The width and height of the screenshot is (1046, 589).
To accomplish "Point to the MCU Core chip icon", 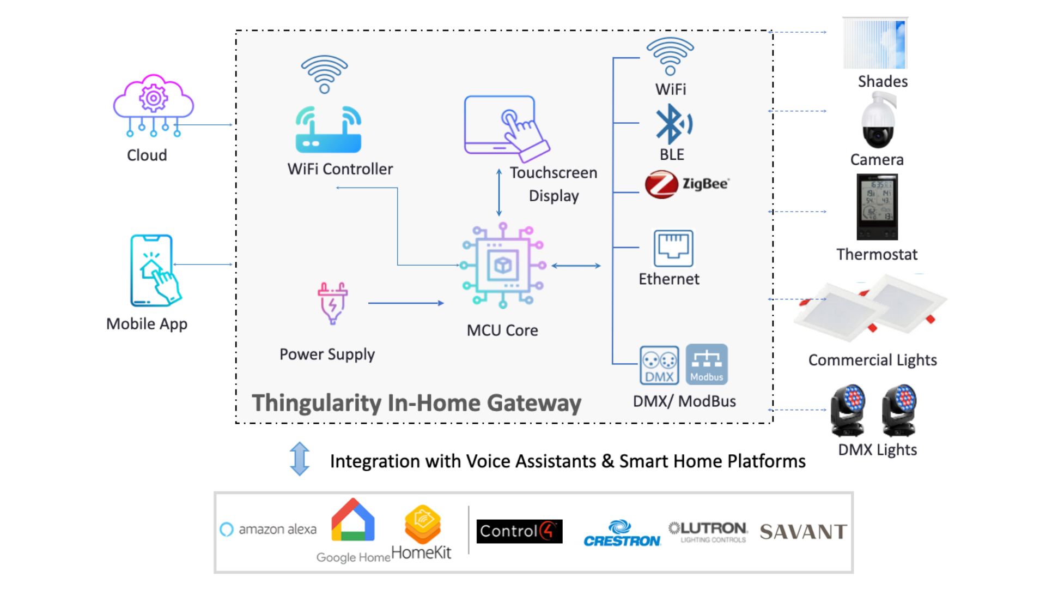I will (x=503, y=266).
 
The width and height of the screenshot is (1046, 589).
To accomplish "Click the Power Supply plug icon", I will (x=332, y=303).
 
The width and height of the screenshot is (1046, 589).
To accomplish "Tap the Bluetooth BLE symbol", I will (x=673, y=124).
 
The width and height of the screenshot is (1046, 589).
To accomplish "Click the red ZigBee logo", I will (x=661, y=184).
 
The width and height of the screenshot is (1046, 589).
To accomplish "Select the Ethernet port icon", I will (x=673, y=248).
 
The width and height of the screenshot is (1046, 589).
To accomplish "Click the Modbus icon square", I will (x=707, y=364).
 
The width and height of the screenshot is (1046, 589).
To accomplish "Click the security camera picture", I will (x=878, y=121).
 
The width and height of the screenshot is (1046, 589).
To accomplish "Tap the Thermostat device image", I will (x=877, y=207).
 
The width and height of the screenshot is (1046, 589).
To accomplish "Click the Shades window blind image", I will (x=875, y=44).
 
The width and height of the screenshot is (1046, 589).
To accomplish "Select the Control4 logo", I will (x=519, y=531).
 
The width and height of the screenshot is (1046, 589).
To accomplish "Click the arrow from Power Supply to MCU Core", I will (x=406, y=303).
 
